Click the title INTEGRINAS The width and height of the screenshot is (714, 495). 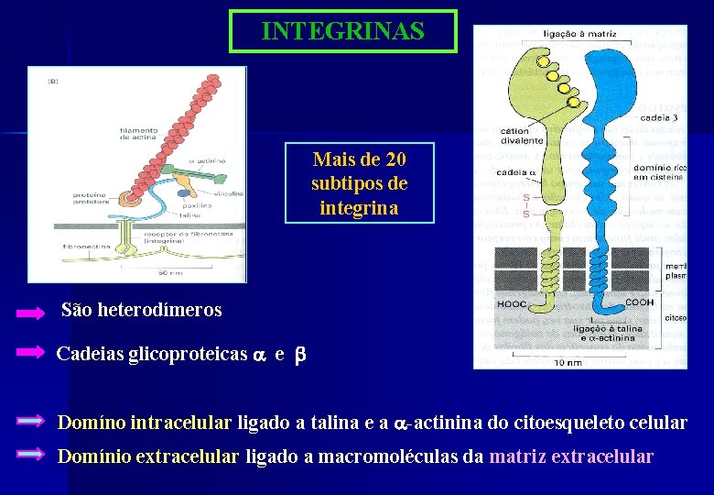tap(342, 31)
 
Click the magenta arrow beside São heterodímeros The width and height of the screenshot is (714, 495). tap(30, 313)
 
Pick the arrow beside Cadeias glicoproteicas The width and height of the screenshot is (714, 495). tap(30, 352)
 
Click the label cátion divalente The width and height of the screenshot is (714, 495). tap(521, 136)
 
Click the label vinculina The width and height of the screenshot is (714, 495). tap(230, 193)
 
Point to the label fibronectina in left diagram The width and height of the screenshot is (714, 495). tap(87, 247)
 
